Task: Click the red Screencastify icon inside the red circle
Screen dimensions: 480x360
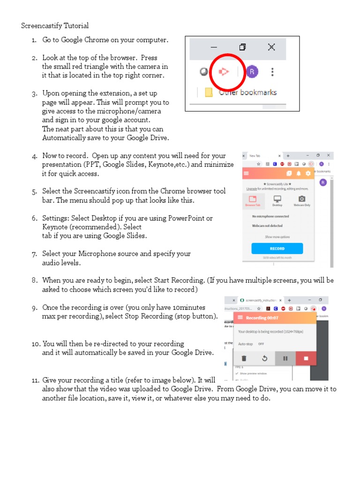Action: [x=224, y=72]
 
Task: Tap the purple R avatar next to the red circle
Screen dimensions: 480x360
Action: [x=252, y=72]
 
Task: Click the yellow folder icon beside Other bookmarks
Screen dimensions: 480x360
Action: [x=209, y=92]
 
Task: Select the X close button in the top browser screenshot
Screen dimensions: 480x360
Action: [x=271, y=47]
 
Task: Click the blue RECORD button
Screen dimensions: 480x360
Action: [x=277, y=248]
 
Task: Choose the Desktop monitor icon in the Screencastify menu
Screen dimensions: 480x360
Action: [x=277, y=200]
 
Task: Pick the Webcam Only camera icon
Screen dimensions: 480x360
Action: [x=302, y=200]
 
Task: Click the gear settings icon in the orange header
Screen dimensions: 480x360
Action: [x=308, y=173]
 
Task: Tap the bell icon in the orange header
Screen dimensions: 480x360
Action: [x=299, y=173]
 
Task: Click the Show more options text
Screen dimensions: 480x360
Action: [x=277, y=237]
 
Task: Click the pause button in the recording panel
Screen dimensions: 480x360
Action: [x=285, y=359]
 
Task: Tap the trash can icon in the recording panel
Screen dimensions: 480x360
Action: [x=244, y=359]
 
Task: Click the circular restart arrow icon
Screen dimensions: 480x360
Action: [x=264, y=359]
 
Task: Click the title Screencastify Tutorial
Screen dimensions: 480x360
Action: [x=55, y=26]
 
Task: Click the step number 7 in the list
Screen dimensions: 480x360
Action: [x=34, y=254]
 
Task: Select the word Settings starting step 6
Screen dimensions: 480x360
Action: [x=55, y=218]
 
